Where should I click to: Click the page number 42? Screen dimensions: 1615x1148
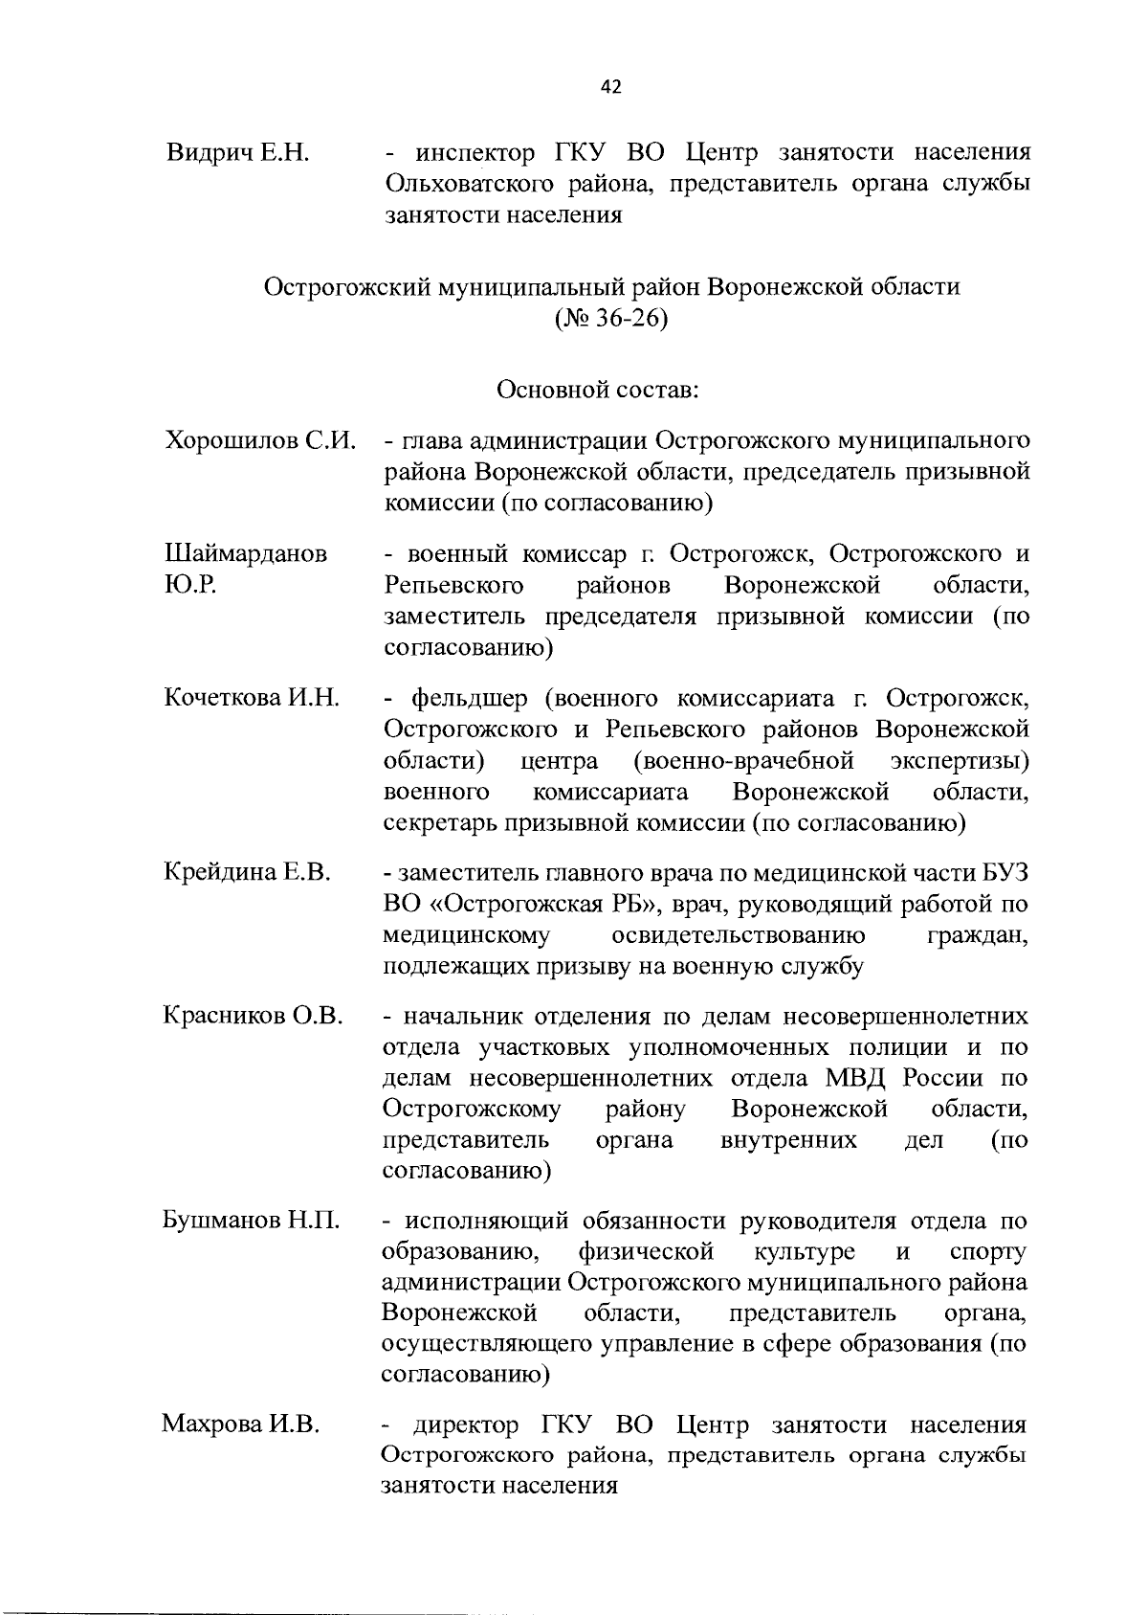click(610, 87)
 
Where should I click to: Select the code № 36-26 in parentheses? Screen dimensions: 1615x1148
click(610, 318)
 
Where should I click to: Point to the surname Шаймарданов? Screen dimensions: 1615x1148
click(246, 554)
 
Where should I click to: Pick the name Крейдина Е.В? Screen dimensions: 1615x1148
click(248, 872)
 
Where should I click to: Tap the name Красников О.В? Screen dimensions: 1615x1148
click(254, 1016)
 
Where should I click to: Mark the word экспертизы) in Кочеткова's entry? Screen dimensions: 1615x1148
click(960, 761)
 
